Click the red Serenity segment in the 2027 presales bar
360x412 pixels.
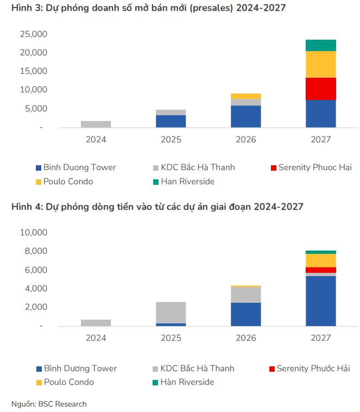pyautogui.click(x=320, y=89)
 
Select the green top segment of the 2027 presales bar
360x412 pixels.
pyautogui.click(x=320, y=45)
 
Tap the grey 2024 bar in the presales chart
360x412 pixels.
pyautogui.click(x=96, y=124)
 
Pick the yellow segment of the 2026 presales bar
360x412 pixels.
pyautogui.click(x=245, y=96)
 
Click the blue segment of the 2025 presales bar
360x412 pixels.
pyautogui.click(x=170, y=121)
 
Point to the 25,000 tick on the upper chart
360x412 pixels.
pyautogui.click(x=34, y=34)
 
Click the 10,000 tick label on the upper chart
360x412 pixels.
pyautogui.click(x=34, y=90)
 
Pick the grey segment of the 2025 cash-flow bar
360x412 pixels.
pyautogui.click(x=170, y=313)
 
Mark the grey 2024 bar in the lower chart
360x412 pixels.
pyautogui.click(x=96, y=322)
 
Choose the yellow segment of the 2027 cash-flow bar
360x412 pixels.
pyautogui.click(x=320, y=260)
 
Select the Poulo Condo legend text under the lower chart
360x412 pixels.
pyautogui.click(x=69, y=382)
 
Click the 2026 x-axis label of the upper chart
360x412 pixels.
pyautogui.click(x=245, y=139)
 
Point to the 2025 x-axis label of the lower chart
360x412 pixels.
pyautogui.click(x=170, y=338)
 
